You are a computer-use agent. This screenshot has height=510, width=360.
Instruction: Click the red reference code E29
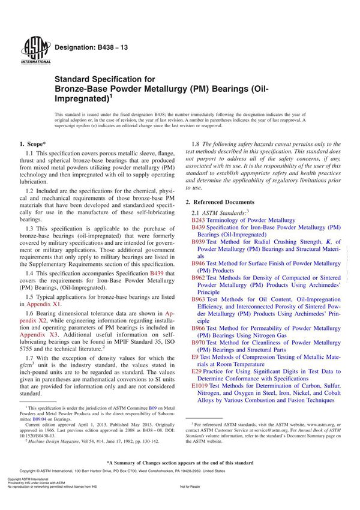196,371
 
